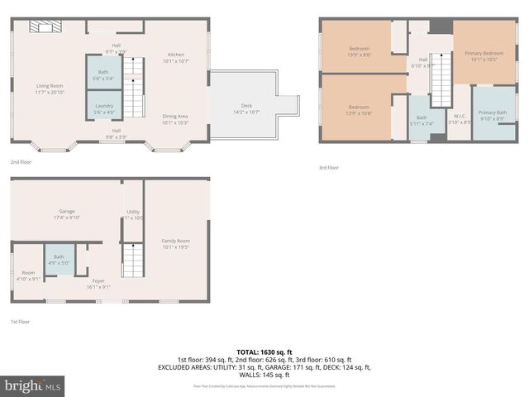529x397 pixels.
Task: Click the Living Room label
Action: coord(50,88)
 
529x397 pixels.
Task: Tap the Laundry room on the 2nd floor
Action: coord(104,108)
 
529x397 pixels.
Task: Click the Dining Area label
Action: coord(176,118)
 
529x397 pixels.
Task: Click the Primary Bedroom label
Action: coord(484,55)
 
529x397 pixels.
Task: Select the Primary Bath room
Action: coord(492,115)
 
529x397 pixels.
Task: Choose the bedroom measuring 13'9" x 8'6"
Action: coord(359,51)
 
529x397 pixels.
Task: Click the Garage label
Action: coord(66,214)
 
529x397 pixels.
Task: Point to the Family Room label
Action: coord(176,243)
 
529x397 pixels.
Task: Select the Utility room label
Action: coord(133,214)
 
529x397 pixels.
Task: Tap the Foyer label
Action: coord(98,284)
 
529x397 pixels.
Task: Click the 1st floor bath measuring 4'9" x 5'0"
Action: coord(59,259)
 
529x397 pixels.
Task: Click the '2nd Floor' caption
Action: coord(21,163)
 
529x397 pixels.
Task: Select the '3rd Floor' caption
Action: coord(329,168)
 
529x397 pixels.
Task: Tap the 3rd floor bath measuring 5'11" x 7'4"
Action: coord(422,120)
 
